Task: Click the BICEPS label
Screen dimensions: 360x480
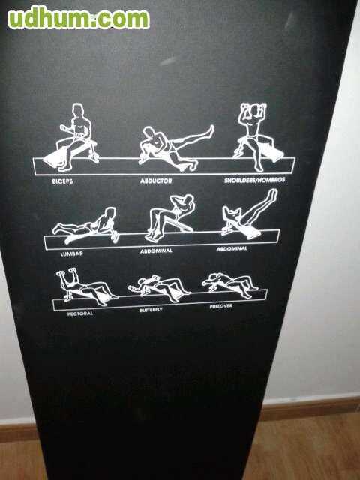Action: tap(62, 181)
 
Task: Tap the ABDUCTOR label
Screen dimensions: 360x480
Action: tap(156, 181)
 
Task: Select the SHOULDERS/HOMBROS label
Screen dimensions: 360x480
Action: tap(255, 180)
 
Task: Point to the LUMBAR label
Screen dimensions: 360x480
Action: tap(72, 253)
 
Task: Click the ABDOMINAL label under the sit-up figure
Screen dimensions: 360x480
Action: tap(157, 250)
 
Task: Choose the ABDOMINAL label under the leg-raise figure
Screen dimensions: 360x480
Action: tap(232, 248)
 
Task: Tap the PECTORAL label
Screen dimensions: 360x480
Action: tap(80, 313)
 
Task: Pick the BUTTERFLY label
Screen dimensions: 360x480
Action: tap(151, 310)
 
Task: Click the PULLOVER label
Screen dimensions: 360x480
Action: tap(221, 306)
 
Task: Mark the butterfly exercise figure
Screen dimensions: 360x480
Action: tap(159, 288)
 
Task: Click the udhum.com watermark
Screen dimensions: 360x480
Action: tap(79, 18)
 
